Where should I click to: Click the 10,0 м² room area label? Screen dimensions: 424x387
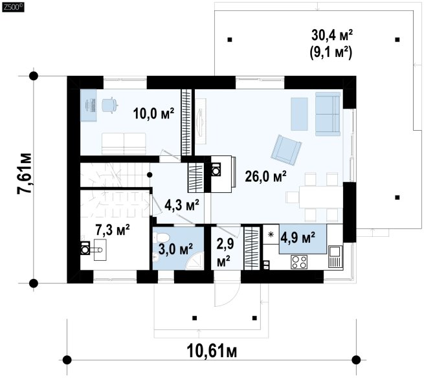(x=153, y=113)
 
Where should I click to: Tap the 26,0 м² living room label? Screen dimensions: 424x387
(x=265, y=177)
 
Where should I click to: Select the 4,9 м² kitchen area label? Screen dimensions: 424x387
(x=298, y=238)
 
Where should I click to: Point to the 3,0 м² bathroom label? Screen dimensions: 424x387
(x=175, y=249)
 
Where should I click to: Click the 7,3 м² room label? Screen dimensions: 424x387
(x=113, y=230)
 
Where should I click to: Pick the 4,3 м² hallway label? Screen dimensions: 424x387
(x=182, y=205)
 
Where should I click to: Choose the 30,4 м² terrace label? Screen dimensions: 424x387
(x=332, y=35)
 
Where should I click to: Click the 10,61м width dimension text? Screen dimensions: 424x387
(x=212, y=351)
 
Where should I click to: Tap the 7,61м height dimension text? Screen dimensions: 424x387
(x=25, y=173)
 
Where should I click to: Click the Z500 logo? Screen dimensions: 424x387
(x=13, y=6)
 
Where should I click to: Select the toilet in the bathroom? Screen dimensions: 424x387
(x=162, y=238)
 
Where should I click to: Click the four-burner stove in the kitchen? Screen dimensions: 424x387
(x=299, y=262)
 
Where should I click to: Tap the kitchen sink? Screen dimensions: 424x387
(x=335, y=256)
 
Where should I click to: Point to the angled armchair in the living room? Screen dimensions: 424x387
(x=286, y=149)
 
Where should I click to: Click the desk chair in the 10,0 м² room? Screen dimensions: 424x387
(x=110, y=105)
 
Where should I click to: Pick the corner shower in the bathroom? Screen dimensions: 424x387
(x=195, y=261)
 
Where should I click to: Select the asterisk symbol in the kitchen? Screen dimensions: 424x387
(x=271, y=234)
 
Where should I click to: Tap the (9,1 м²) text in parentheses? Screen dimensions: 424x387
(x=331, y=52)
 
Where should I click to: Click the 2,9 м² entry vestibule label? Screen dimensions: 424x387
(x=224, y=252)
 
